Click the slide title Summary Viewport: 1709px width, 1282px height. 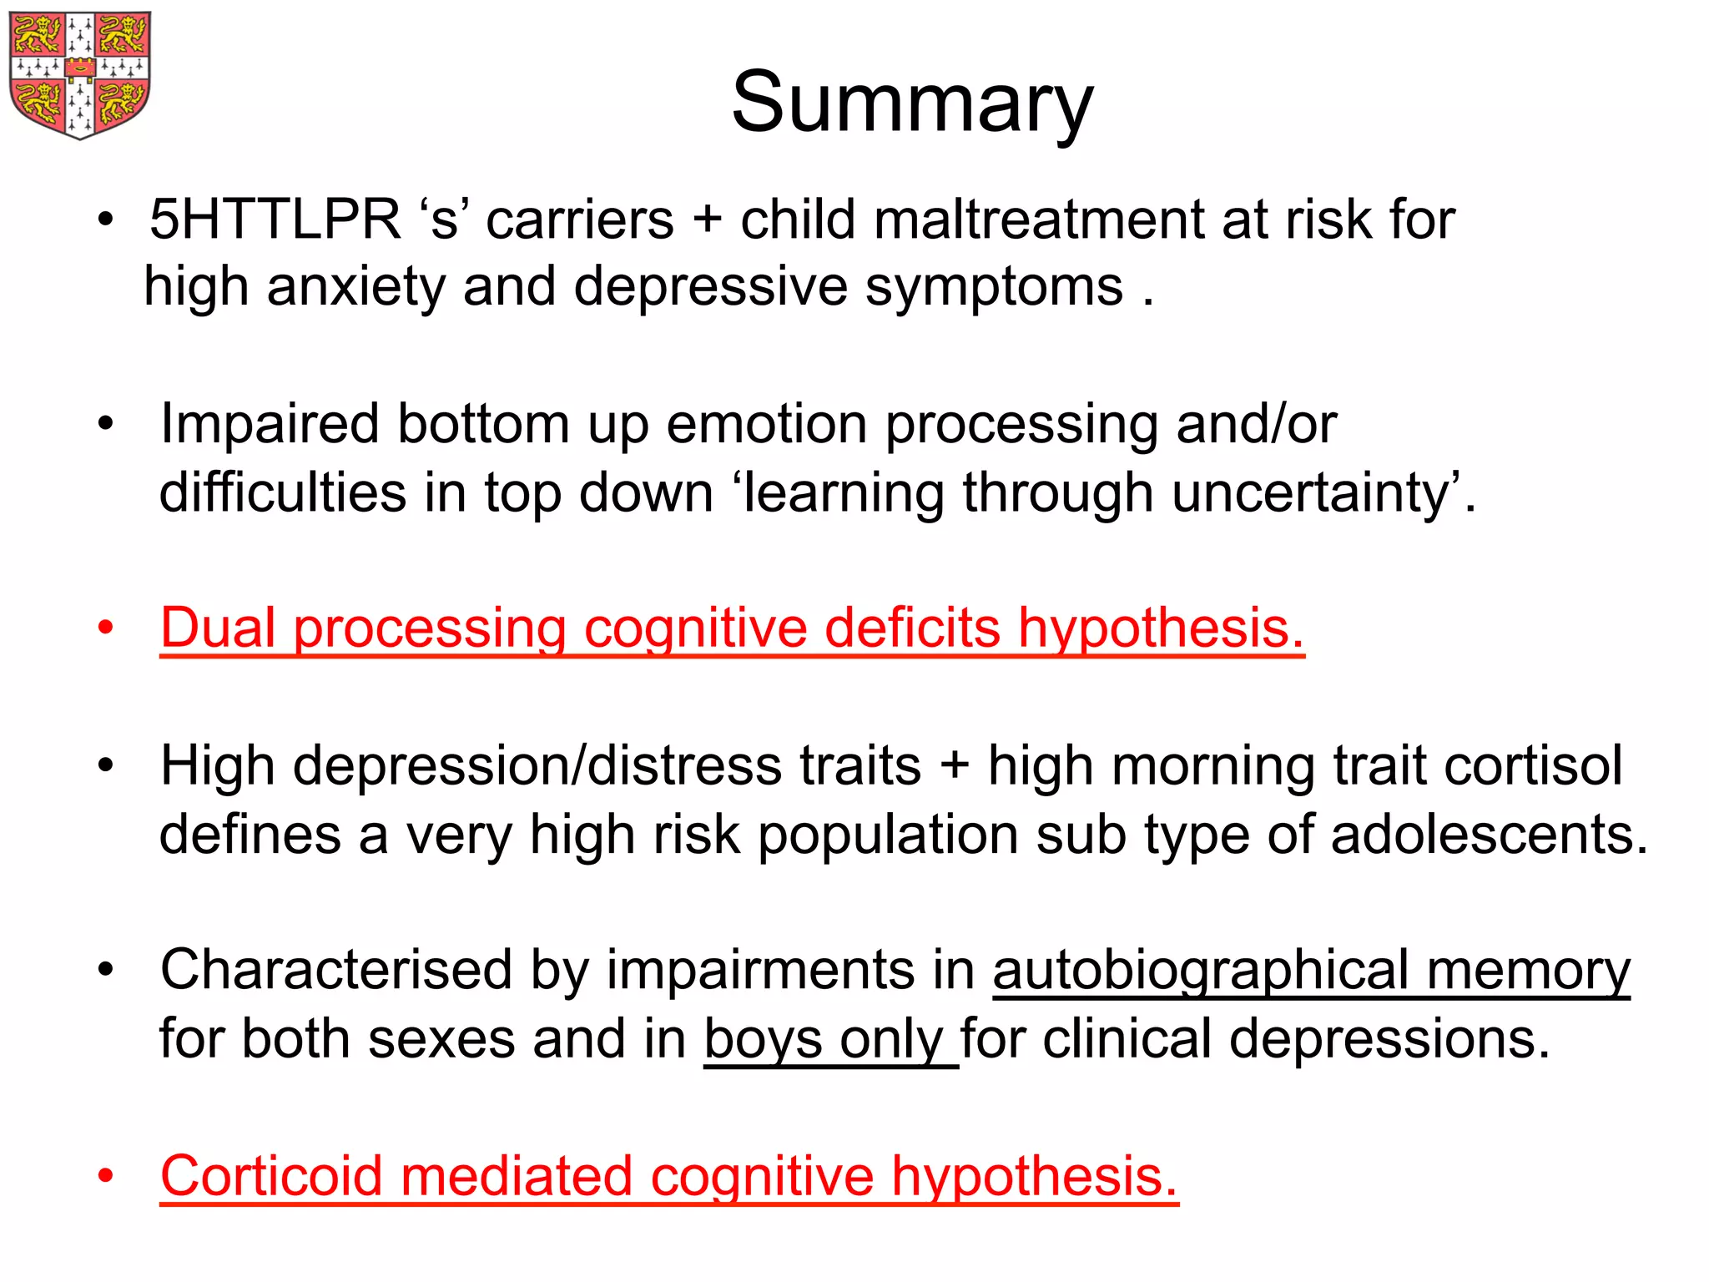coord(912,103)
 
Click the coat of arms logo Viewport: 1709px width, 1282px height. coord(79,74)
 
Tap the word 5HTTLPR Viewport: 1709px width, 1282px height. coord(275,220)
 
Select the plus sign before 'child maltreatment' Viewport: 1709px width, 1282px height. coord(707,221)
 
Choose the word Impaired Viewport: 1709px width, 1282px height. coord(270,425)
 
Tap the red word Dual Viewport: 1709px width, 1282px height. coord(218,628)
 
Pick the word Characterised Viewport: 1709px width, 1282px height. coord(336,970)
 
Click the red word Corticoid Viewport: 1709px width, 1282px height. coord(271,1176)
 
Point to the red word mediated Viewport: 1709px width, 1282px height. coord(517,1176)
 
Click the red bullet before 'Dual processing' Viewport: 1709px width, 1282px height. coord(105,628)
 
